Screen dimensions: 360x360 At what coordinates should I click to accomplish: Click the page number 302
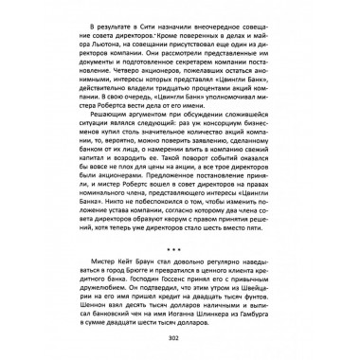[x=180, y=340]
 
